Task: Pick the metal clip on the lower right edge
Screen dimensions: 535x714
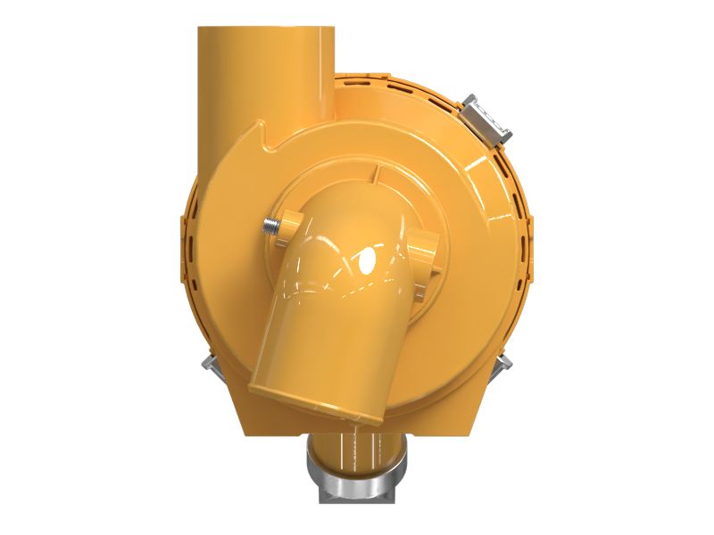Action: pyautogui.click(x=505, y=360)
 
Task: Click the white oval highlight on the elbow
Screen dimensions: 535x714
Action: pyautogui.click(x=364, y=261)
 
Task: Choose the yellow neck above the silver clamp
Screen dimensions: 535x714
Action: pyautogui.click(x=357, y=442)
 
